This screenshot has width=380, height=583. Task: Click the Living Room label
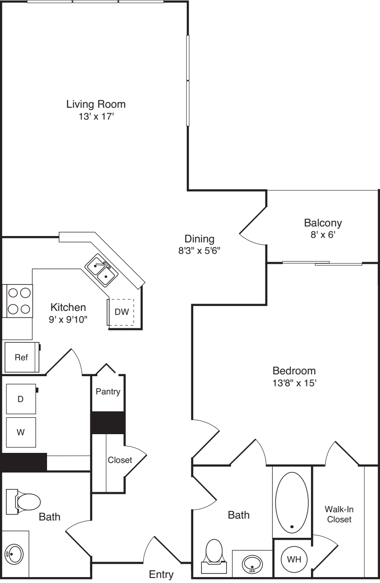96,104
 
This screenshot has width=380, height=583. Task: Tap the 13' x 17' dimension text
97,116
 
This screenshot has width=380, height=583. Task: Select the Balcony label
323,223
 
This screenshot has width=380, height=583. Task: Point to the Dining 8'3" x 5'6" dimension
199,251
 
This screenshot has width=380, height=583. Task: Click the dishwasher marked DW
121,312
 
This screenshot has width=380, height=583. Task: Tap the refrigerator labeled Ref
22,357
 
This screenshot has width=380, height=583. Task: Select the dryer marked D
21,399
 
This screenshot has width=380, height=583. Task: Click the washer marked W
21,432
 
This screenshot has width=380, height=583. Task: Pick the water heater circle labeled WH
294,559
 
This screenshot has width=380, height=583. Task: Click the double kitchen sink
101,270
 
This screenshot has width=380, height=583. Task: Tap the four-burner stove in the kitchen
18,301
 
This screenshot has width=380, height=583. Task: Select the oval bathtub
292,503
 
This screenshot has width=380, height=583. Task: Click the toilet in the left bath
23,502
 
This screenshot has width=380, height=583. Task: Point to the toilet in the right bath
214,556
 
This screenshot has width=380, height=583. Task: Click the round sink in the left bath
14,554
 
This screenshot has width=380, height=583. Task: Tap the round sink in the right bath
252,564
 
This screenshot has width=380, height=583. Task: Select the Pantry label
108,391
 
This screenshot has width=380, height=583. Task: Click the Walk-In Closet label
339,514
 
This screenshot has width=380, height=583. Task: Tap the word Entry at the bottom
161,574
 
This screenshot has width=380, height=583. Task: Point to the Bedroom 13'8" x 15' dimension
294,383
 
